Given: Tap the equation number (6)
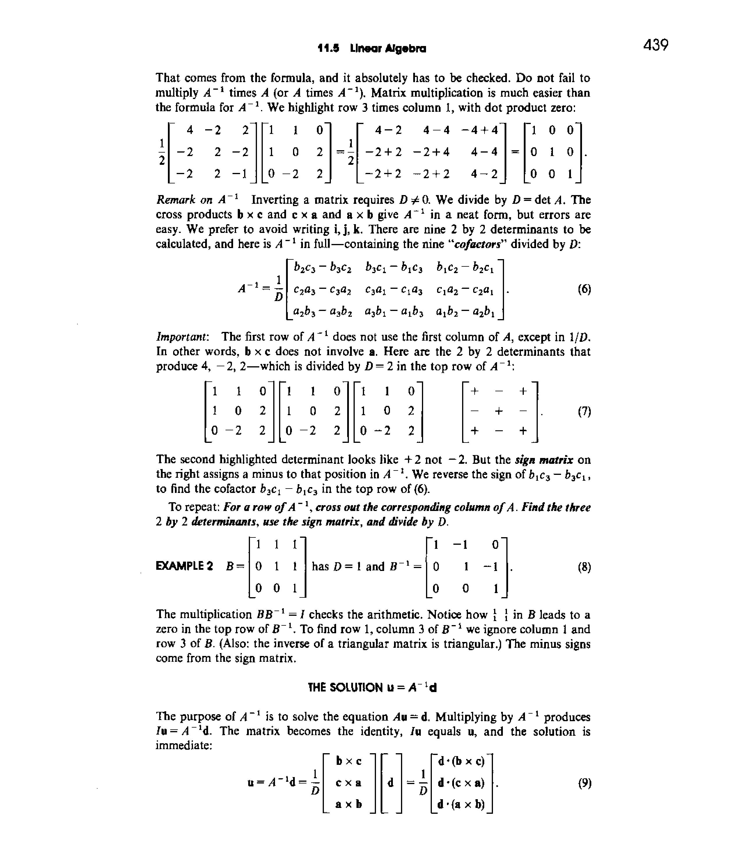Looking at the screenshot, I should coord(584,289).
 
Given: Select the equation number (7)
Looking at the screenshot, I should coord(584,412).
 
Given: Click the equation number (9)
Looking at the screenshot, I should coord(584,783).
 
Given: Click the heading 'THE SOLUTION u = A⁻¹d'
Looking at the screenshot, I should coord(372,687).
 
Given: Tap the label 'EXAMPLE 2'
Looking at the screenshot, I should coord(184,567).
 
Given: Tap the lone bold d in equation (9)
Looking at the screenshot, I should coord(391,783).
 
